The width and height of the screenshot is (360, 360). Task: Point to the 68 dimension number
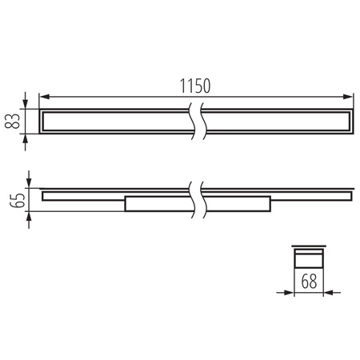tap(309, 282)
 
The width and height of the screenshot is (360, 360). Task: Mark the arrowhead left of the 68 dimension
tap(290, 292)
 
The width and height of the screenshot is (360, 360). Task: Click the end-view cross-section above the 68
tap(308, 258)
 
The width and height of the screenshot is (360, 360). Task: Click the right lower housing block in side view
tap(236, 204)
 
